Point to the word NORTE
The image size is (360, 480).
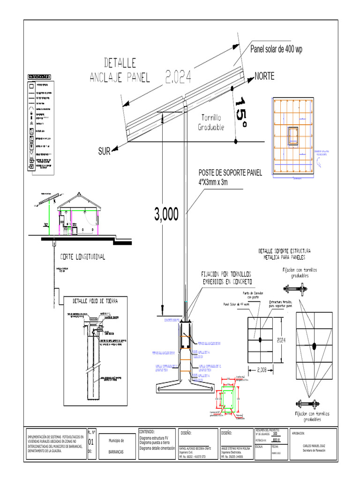coord(264,76)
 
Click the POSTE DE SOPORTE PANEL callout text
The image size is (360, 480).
coord(230,178)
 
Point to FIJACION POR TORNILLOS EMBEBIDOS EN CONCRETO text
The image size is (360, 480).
coord(227,277)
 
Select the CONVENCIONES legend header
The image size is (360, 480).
coord(40,76)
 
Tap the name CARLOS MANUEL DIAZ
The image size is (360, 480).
coord(314,446)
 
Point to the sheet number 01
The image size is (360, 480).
coord(91,442)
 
